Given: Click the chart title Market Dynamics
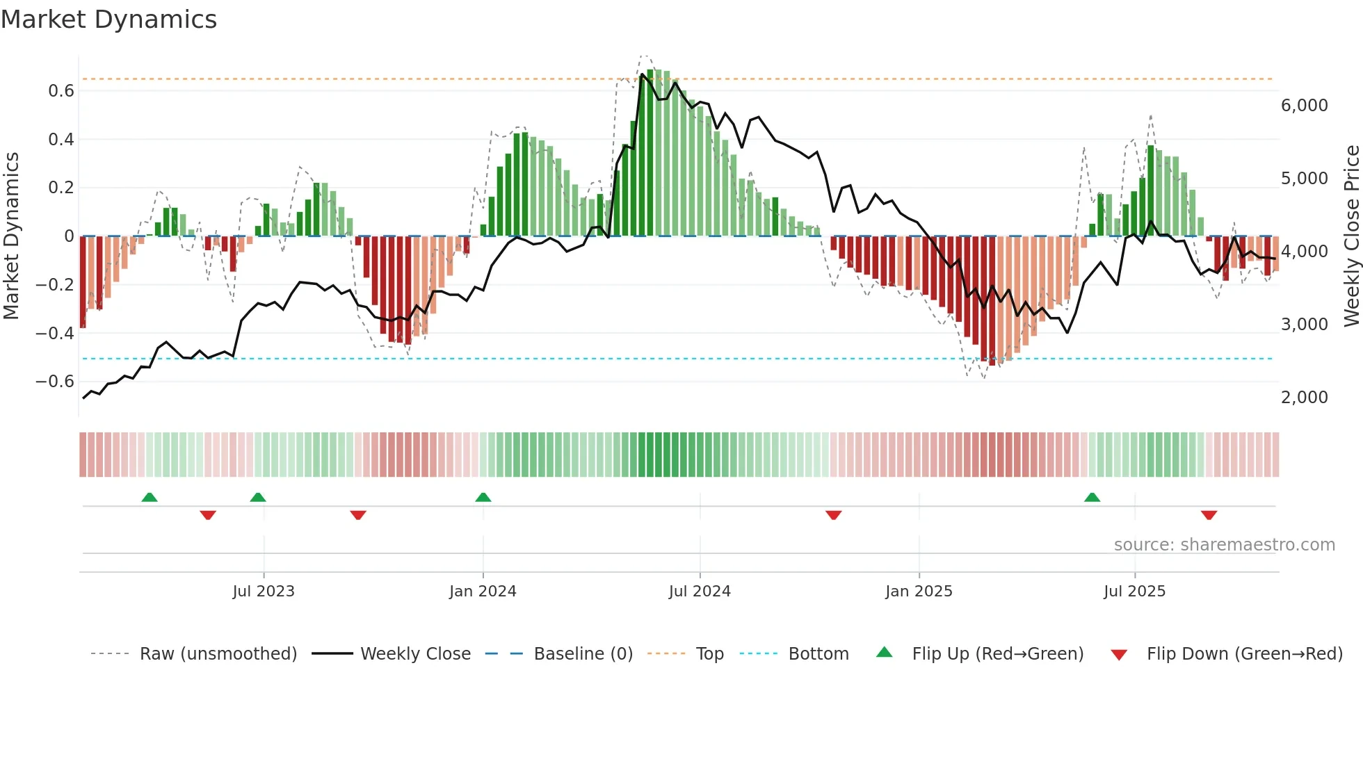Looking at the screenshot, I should (x=108, y=19).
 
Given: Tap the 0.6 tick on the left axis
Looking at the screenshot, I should (x=61, y=91).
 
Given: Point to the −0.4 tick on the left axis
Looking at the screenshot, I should (x=55, y=333).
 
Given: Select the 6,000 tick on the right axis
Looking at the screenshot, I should (x=1304, y=106).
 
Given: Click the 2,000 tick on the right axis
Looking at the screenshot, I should (x=1304, y=398).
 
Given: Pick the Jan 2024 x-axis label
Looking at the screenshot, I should (x=483, y=592).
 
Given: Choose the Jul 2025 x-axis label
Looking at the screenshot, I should (x=1134, y=592).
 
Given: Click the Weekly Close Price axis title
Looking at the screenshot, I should (x=1351, y=236).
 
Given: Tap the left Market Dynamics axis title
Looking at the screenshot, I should (x=11, y=236).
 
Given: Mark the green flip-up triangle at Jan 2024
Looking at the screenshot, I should (x=483, y=497).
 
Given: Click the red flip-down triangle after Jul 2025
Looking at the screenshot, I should (x=1209, y=515).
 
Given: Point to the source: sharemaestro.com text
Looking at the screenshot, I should (x=1224, y=545).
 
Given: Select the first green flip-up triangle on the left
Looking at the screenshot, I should (x=150, y=497).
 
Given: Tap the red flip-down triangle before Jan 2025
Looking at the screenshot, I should (x=834, y=515).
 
